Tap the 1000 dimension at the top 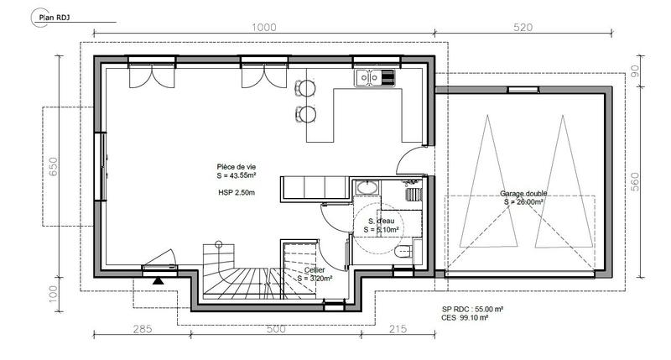[263, 27]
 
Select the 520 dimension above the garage [523, 27]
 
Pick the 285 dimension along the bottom [142, 329]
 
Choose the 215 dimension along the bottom [398, 329]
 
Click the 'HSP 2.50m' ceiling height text [235, 193]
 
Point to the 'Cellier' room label [315, 270]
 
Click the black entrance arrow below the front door [157, 281]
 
